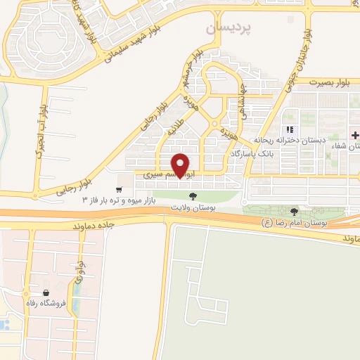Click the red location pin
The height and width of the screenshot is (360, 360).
[182, 165]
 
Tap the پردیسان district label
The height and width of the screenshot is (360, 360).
[229, 28]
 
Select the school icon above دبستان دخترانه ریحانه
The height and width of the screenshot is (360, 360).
[290, 129]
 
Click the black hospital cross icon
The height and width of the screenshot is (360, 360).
[355, 134]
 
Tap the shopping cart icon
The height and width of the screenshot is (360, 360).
[120, 188]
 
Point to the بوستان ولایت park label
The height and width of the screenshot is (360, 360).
[193, 209]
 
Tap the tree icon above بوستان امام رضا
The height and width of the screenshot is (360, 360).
[294, 212]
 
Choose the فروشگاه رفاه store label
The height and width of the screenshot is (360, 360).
[46, 303]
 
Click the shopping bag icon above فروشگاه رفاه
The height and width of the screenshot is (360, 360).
[46, 292]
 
